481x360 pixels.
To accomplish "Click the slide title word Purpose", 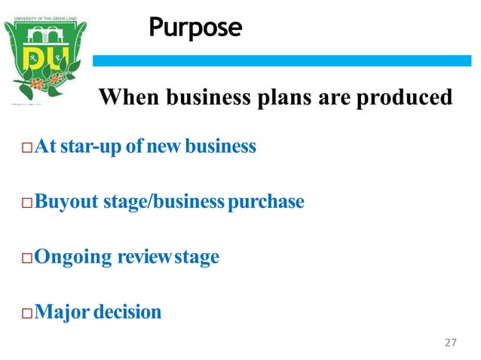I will click(x=195, y=28).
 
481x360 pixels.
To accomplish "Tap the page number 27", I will click(x=451, y=343).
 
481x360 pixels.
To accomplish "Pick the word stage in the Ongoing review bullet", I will click(x=198, y=258).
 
